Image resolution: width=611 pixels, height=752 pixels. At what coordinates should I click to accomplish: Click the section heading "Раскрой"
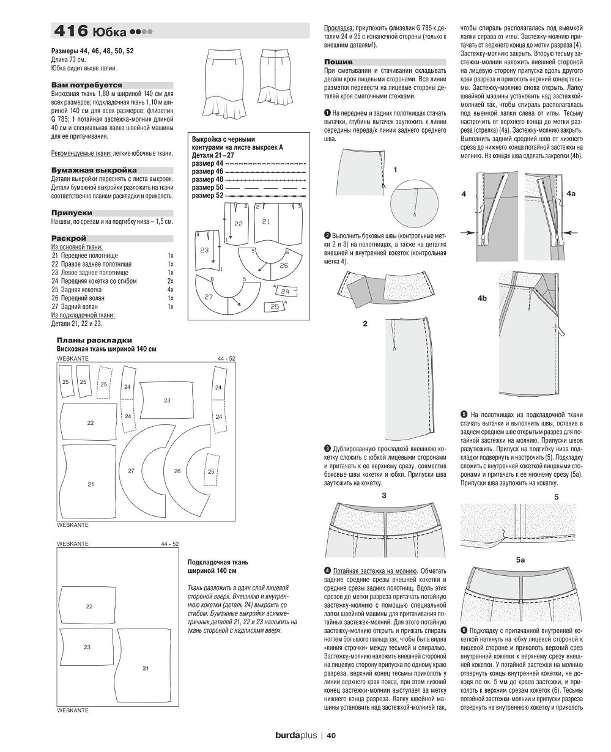pos(69,238)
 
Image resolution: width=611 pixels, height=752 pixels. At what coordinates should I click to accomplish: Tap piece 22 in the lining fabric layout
pos(89,606)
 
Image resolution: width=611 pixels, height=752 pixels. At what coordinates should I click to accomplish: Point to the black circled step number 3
pos(328,448)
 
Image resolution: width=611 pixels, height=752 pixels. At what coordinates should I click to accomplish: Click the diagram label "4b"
pos(483,298)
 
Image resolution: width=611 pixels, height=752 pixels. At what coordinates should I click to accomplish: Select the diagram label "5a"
pos(520,559)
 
